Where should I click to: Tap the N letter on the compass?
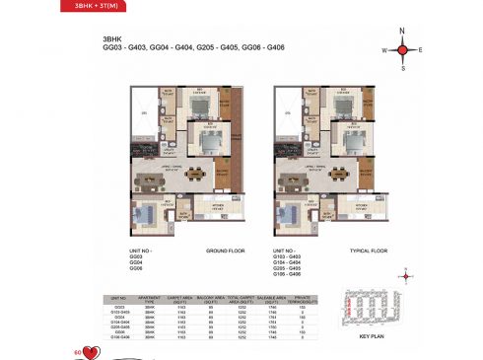(403, 32)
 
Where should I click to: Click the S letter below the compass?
(403, 67)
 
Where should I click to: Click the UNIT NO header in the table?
(120, 298)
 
